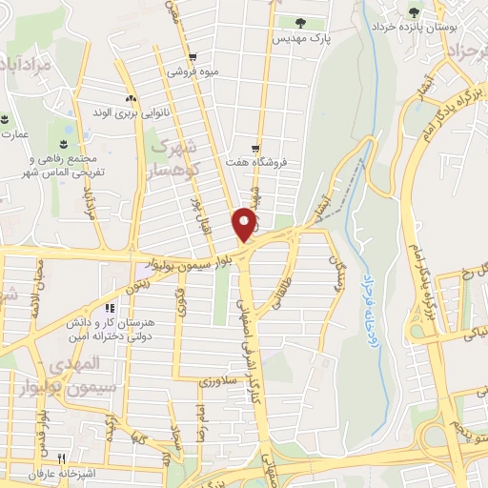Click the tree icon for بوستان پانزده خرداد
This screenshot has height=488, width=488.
[x=414, y=12]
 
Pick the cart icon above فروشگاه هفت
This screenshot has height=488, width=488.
[x=255, y=148]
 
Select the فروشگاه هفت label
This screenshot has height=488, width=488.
[x=255, y=163]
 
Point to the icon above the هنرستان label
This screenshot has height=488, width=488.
[x=110, y=309]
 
